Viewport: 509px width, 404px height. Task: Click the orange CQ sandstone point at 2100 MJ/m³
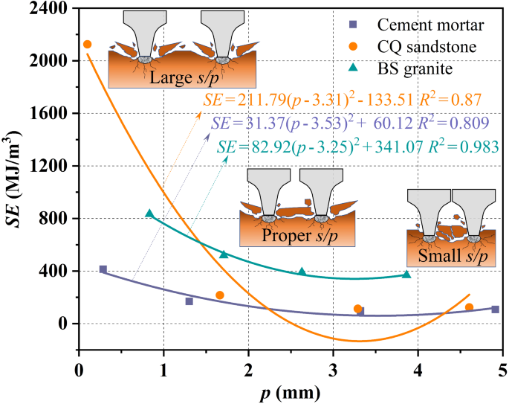tap(87, 45)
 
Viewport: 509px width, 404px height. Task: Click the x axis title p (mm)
tap(290, 391)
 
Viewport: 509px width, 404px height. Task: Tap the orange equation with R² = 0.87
tap(342, 99)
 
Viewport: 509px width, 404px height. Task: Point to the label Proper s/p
tap(296, 235)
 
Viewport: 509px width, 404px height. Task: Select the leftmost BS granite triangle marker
tap(149, 214)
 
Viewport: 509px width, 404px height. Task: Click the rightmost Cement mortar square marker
tap(495, 309)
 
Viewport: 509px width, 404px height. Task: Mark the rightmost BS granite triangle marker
tap(406, 275)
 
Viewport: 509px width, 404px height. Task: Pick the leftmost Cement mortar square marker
tap(103, 269)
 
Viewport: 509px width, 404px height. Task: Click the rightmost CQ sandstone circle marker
tap(469, 307)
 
